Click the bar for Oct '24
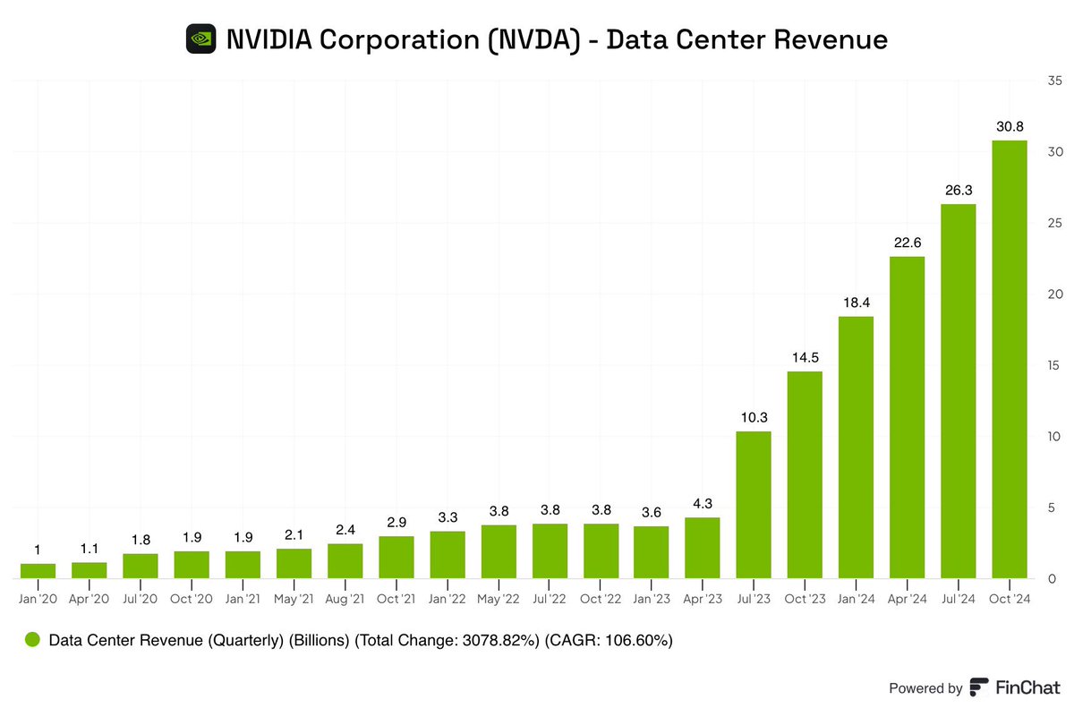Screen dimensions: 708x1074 coord(1009,359)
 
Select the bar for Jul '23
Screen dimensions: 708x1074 coord(754,505)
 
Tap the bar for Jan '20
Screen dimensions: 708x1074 coord(38,570)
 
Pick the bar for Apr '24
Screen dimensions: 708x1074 coord(907,417)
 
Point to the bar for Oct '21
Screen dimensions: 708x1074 coord(396,557)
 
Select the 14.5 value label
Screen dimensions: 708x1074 coord(805,358)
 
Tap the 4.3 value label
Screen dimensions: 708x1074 coord(703,504)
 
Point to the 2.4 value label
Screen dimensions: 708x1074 coord(345,530)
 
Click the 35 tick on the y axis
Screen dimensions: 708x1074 coord(1054,81)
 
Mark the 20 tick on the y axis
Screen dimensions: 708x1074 coord(1054,294)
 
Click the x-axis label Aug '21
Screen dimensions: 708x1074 coord(345,599)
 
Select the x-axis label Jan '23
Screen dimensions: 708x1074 coord(651,599)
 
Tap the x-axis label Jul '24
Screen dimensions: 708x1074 coord(958,599)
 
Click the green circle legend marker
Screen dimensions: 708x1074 coord(33,640)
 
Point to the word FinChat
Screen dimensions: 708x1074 coord(1027,687)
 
